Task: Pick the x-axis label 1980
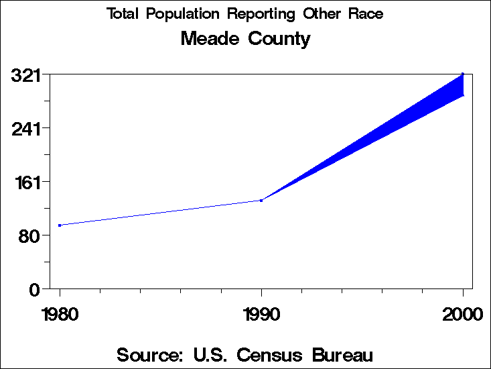60,315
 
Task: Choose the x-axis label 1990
261,315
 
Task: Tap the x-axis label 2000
462,315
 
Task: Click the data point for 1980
60,225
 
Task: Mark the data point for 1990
261,200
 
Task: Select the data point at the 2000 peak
463,74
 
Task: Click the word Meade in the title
210,39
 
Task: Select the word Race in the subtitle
367,14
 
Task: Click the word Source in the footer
150,354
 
